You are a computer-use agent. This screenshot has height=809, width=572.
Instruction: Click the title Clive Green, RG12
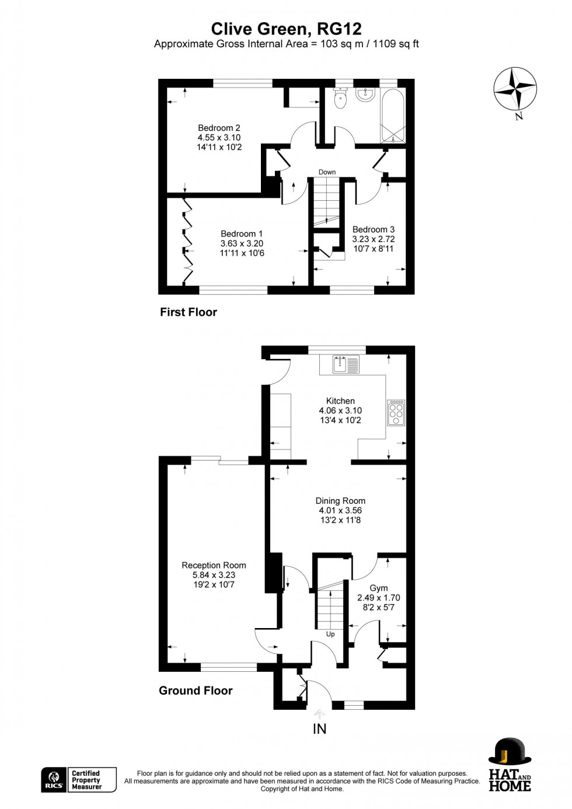286,29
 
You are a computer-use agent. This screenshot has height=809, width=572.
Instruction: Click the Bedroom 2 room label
219,128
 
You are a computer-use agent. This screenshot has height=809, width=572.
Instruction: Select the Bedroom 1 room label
242,234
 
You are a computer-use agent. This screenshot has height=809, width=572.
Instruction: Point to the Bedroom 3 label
373,229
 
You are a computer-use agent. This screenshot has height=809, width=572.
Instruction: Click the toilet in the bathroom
340,99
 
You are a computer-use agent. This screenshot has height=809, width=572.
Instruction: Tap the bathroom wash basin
365,95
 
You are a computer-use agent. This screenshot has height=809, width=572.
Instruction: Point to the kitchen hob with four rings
396,412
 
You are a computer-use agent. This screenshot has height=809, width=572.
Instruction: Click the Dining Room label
340,501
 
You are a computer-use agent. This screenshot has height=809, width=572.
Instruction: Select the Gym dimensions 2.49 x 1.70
378,598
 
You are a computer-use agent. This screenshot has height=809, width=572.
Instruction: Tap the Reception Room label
214,565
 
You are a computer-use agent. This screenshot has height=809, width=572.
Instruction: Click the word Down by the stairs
327,172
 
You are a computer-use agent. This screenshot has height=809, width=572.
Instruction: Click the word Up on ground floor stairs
330,634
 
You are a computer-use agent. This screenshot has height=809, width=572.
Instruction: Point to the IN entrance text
319,728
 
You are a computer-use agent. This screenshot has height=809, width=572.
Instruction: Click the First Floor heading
188,312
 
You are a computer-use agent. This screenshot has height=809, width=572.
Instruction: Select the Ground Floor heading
196,691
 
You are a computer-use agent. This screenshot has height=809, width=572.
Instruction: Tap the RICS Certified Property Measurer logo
79,780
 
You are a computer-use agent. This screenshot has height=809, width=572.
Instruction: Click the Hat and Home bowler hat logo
510,765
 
